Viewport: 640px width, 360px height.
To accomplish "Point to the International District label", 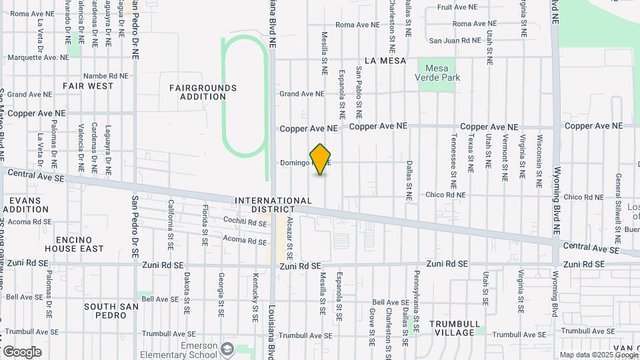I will coord(273,205).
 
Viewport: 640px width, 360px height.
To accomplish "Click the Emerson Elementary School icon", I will coord(227,349).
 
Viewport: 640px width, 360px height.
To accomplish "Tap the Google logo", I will coord(22,351).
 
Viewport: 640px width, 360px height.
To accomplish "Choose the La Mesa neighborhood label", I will coord(381,61).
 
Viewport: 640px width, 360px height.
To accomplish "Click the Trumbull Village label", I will coord(455,328).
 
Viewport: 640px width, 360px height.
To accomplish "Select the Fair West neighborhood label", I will coord(88,86).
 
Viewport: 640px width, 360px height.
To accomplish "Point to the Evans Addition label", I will coord(25,205).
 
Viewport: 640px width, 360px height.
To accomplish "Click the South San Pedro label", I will coord(111,311).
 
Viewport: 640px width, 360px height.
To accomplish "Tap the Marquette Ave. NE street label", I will coord(39,58).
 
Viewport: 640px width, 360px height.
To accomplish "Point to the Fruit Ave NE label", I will coord(457,7).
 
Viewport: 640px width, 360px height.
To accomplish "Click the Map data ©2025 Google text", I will coord(598,355).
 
